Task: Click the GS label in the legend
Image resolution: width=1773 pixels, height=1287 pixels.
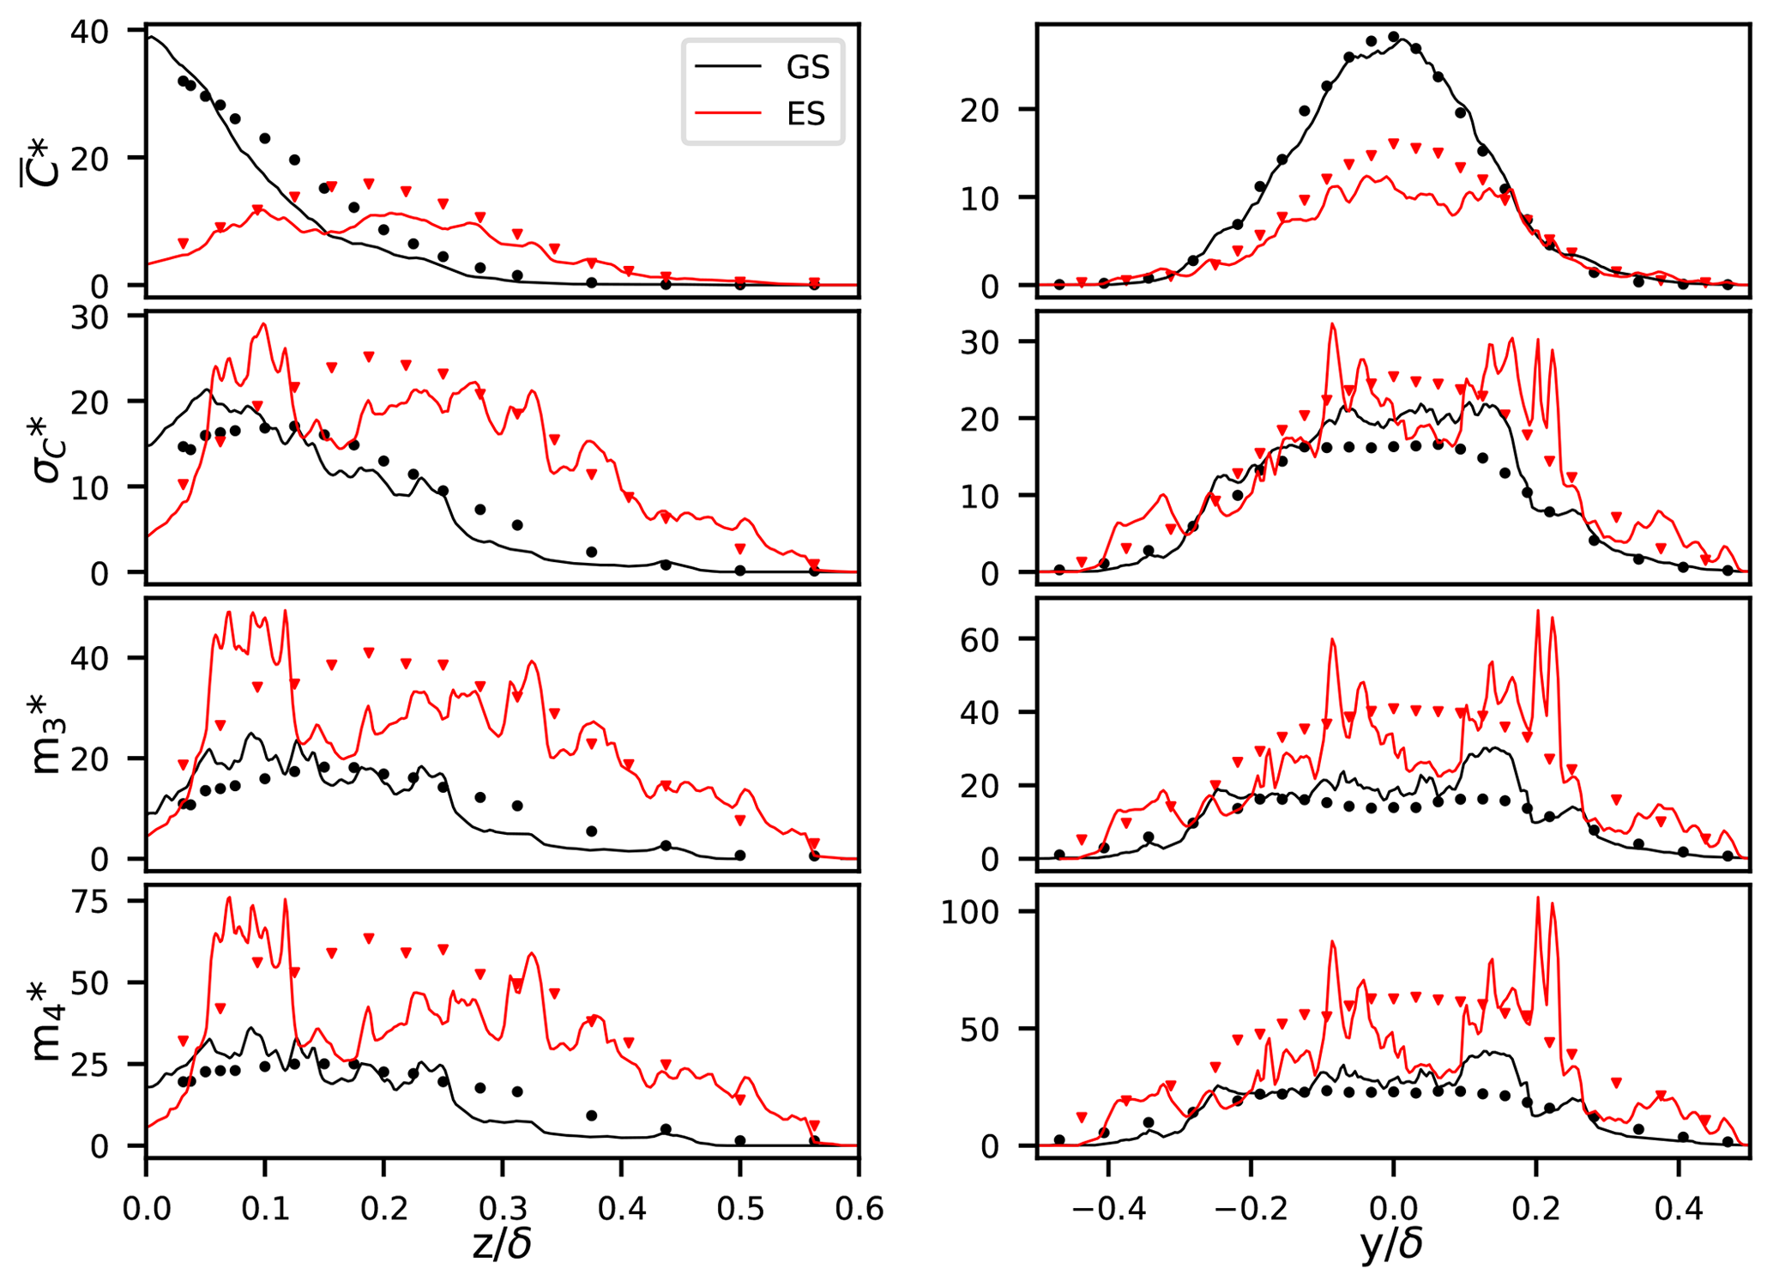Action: pyautogui.click(x=807, y=68)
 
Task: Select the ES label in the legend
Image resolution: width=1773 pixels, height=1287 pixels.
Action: pyautogui.click(x=805, y=114)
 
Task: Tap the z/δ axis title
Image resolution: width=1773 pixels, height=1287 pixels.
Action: pyautogui.click(x=502, y=1245)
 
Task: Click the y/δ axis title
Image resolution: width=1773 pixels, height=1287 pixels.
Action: pyautogui.click(x=1391, y=1245)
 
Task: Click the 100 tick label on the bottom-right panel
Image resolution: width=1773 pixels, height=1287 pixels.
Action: pyautogui.click(x=970, y=912)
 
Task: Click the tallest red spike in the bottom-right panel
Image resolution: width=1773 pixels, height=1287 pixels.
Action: pyautogui.click(x=1537, y=898)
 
